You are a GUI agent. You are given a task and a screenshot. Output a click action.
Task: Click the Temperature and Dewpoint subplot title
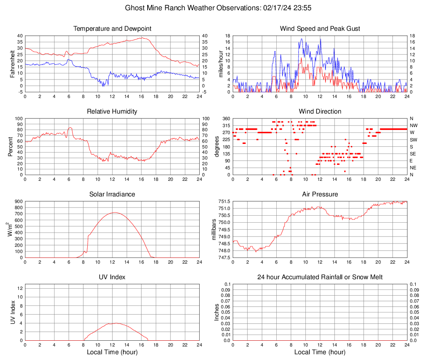tap(112, 29)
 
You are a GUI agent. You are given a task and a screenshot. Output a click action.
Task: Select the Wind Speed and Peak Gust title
tap(320, 29)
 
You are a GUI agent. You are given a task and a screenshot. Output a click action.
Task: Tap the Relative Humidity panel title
tap(112, 112)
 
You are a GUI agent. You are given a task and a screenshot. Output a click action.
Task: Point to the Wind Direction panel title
tap(320, 112)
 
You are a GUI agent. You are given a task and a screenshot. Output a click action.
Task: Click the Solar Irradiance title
tap(112, 194)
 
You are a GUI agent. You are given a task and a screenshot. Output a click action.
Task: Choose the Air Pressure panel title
tap(320, 194)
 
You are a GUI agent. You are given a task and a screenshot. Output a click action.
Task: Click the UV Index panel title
tap(112, 277)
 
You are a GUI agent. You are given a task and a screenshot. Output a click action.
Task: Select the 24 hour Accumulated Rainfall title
tap(320, 277)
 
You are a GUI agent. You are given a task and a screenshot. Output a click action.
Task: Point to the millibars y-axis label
tap(214, 229)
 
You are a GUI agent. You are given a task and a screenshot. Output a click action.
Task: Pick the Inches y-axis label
tap(217, 312)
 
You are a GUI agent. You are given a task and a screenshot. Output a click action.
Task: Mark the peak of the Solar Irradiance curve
tap(114, 212)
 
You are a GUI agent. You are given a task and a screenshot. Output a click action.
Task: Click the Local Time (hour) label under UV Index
tap(112, 352)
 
